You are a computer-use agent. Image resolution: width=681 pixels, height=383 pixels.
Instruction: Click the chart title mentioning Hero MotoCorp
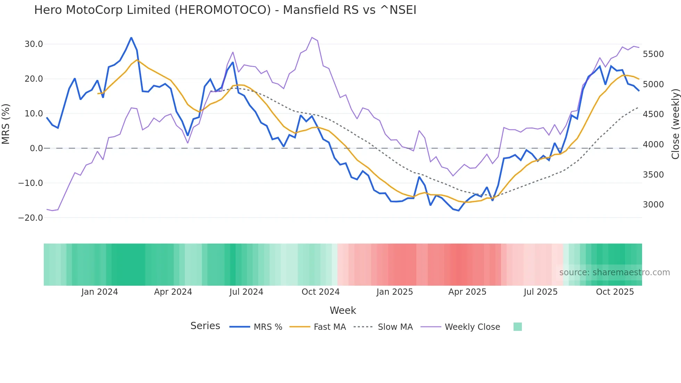225,10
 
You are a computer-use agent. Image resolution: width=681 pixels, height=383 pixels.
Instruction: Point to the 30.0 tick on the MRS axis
34,44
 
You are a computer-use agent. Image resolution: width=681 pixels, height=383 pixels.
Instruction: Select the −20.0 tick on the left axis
31,218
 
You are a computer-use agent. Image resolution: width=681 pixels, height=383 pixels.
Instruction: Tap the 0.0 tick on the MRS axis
36,148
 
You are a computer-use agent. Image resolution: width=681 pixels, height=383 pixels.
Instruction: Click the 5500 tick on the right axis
653,54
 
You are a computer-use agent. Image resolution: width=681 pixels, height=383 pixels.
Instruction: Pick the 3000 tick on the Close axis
653,205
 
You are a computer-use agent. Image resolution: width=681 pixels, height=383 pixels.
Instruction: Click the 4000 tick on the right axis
653,145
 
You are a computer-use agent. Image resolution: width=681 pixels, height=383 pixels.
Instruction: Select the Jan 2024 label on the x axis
100,292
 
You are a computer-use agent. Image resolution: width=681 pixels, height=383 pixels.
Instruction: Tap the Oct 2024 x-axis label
320,292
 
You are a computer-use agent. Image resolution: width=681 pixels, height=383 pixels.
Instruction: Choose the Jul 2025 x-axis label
541,292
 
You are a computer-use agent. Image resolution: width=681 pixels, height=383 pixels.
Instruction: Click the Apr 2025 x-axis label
467,292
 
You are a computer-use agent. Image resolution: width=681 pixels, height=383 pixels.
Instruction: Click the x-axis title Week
343,310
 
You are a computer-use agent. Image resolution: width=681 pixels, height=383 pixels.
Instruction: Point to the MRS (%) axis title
6,124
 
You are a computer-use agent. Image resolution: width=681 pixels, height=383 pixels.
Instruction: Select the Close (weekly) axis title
675,124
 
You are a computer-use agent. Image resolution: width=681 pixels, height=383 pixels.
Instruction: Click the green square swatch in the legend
517,327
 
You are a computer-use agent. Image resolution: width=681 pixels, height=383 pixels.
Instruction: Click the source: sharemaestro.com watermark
614,272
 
